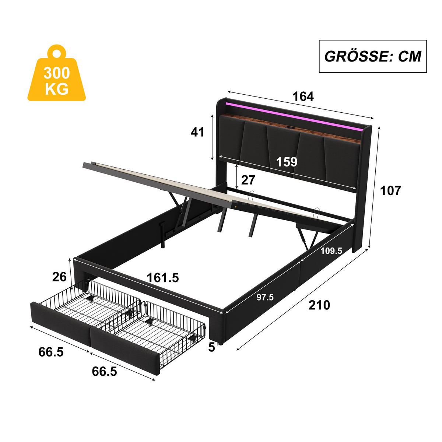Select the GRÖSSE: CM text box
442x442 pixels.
coord(372,56)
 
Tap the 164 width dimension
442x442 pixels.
coord(303,97)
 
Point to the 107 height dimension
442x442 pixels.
coord(390,190)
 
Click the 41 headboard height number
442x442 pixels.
coord(197,131)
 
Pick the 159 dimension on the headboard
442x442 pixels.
coord(287,161)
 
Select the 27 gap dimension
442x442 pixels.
coord(248,180)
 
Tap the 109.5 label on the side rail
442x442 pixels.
coord(331,251)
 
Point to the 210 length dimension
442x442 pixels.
coord(319,305)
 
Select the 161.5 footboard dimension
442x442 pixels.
coord(163,277)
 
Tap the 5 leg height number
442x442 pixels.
coord(211,347)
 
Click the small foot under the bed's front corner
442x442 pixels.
coord(221,343)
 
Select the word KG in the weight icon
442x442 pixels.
coord(56,89)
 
